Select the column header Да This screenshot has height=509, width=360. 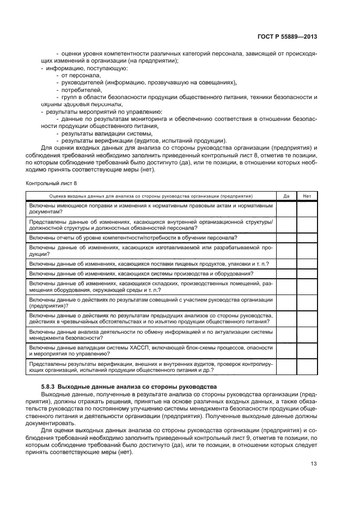coord(286,196)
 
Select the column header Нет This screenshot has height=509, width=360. coord(307,196)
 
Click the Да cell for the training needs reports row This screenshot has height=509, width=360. coord(286,237)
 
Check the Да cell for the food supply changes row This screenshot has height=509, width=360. coord(286,263)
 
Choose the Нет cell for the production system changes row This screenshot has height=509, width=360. coord(307,273)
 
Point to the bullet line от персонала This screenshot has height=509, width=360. coord(81,75)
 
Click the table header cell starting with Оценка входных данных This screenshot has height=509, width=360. coord(151,196)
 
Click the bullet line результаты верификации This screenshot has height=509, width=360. coord(143,140)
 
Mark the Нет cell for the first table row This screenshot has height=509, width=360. coord(307,209)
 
